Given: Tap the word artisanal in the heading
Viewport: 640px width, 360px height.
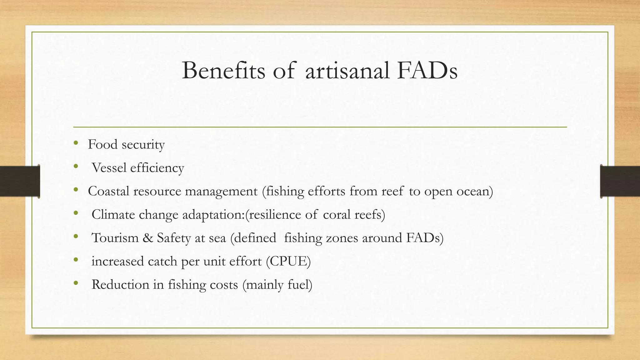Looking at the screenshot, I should pos(347,70).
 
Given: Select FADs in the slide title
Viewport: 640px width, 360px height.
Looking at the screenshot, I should pos(427,70).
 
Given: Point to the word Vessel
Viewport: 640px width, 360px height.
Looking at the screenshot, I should pos(109,168).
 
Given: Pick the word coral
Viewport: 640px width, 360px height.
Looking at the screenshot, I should pos(337,215).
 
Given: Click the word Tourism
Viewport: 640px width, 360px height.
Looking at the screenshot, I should pos(115,238).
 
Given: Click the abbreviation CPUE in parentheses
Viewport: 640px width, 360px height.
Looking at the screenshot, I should pos(288,261).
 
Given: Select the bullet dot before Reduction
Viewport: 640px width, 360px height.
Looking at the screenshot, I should pos(76,283).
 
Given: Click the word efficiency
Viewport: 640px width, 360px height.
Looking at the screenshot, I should pos(157,168).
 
